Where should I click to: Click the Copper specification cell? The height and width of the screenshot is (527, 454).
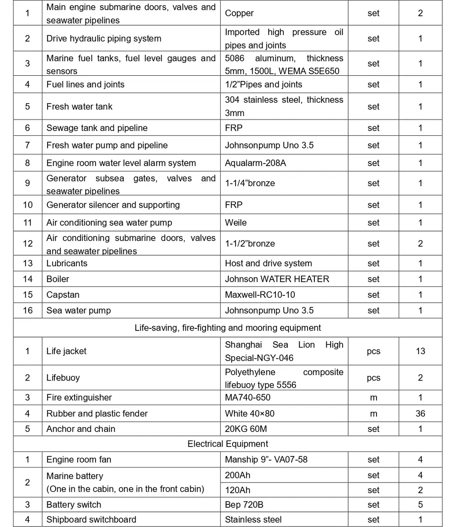(x=239, y=13)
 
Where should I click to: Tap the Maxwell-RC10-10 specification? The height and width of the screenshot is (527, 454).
(x=260, y=295)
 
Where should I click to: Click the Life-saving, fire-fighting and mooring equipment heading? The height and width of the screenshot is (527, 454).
(x=227, y=328)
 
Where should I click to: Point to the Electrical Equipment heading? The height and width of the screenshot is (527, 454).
(x=227, y=444)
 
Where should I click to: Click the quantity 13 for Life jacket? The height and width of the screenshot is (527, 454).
(x=420, y=351)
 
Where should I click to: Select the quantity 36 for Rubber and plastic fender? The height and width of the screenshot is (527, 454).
(x=420, y=414)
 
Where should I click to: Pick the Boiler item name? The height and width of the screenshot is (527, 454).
(x=58, y=279)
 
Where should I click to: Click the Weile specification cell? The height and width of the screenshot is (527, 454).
(x=236, y=223)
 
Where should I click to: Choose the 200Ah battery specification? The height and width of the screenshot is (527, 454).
(x=238, y=475)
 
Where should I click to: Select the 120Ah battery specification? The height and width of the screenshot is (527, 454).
(x=238, y=490)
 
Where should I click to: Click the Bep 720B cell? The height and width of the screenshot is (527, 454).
(x=244, y=505)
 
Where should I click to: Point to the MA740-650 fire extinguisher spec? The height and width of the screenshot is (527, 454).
(x=248, y=398)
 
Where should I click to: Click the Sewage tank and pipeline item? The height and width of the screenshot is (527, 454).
(x=97, y=128)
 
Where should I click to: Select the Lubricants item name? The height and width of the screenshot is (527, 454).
(x=67, y=263)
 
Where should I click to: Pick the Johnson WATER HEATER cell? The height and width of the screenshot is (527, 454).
(x=277, y=279)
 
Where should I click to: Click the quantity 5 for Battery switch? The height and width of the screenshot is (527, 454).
(x=420, y=505)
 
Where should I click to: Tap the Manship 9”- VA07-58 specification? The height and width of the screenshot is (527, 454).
(x=266, y=460)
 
